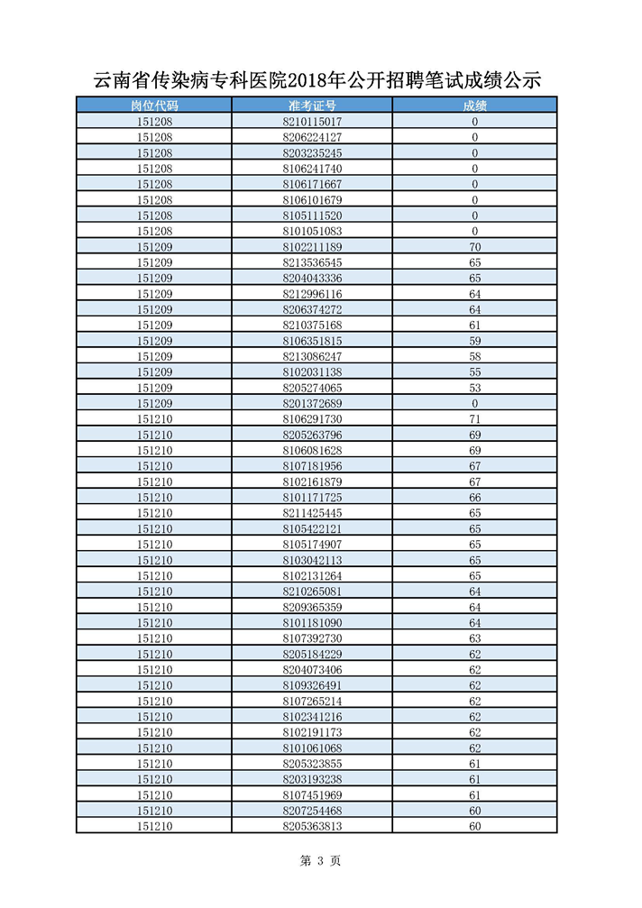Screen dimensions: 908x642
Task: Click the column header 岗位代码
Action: point(155,105)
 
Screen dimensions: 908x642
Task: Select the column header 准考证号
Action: point(312,105)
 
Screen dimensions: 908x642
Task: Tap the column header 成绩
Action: point(474,105)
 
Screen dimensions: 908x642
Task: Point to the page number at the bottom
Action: point(320,861)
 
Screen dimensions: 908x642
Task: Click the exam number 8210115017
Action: point(312,122)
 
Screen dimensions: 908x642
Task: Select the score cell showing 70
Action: point(474,247)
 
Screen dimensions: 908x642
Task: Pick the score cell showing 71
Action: point(474,419)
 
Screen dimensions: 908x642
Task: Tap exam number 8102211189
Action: point(312,247)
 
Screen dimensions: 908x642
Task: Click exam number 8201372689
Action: point(312,403)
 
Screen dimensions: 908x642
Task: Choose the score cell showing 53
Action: point(474,388)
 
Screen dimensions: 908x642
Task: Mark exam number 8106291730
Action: point(312,419)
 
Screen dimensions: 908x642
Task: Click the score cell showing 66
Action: point(474,498)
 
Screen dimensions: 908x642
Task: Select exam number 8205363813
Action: point(312,826)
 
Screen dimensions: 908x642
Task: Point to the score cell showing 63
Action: point(474,638)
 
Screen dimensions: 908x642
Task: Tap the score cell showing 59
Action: point(474,341)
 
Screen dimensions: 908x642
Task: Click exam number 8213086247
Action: point(312,356)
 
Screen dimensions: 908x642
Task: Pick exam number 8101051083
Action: point(312,231)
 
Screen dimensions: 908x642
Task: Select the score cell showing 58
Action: point(474,356)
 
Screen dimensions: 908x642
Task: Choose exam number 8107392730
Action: point(312,638)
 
